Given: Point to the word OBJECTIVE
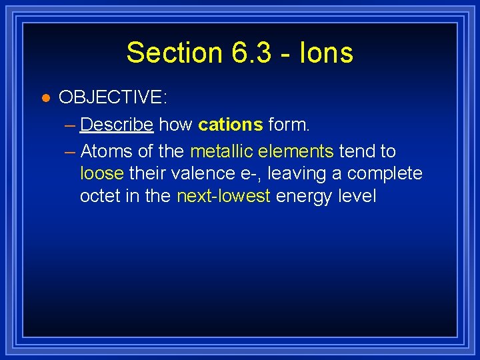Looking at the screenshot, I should coord(113,97).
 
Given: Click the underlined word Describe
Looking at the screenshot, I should coord(117,125).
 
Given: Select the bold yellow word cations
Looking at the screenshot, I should coord(231,125).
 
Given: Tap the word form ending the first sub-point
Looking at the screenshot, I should coord(289,125).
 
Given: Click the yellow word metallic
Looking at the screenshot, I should coord(219,151).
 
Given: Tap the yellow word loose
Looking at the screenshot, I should coord(102,174).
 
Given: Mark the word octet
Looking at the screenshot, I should coord(100,197).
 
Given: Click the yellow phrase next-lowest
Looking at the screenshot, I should coord(223,197).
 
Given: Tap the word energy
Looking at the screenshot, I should coord(305,197).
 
